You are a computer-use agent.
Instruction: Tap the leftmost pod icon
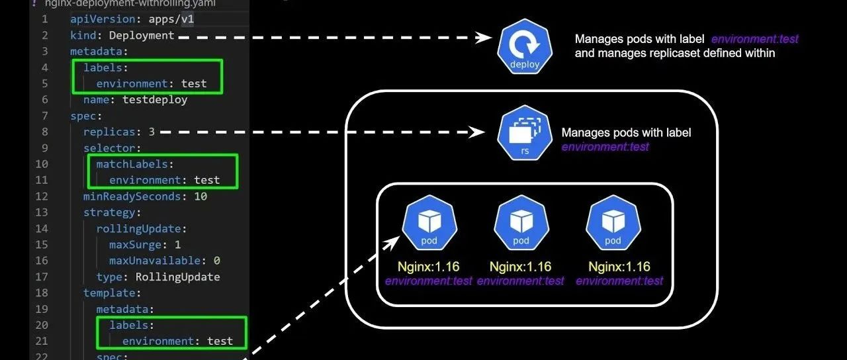click(x=428, y=222)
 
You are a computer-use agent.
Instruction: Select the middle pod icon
click(x=521, y=222)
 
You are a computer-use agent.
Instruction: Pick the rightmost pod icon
click(x=613, y=222)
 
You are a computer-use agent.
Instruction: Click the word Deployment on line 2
click(x=142, y=35)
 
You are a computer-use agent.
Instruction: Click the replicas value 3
click(x=152, y=132)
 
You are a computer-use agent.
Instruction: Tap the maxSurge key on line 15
click(x=135, y=245)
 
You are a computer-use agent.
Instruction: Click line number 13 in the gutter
click(x=42, y=212)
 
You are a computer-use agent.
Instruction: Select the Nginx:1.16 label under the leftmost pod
click(x=428, y=267)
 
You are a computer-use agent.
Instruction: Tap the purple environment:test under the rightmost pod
click(x=619, y=281)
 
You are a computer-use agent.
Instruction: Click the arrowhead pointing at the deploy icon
click(x=486, y=38)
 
